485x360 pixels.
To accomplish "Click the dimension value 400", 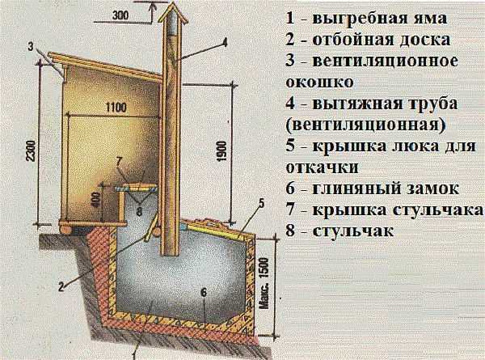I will click(x=95, y=200).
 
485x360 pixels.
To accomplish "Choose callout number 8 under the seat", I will click(x=139, y=213).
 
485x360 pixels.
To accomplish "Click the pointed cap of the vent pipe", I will click(x=171, y=11).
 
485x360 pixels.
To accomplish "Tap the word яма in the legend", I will click(x=433, y=18).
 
